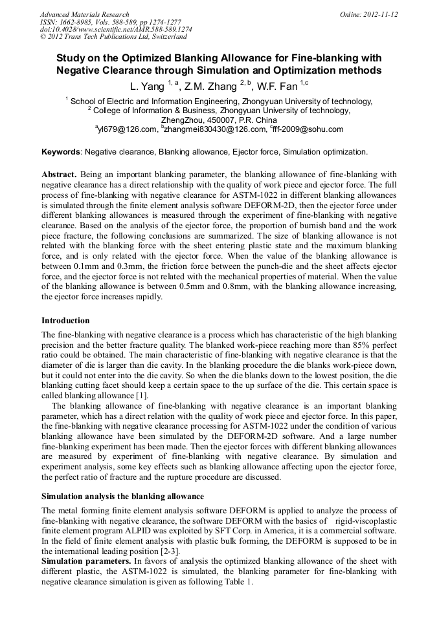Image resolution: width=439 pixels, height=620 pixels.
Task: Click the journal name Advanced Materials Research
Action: point(84,14)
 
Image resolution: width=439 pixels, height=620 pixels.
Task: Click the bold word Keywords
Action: point(61,152)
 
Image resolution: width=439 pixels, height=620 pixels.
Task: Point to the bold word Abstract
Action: point(59,175)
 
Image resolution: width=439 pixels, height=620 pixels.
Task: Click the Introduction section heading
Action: point(65,321)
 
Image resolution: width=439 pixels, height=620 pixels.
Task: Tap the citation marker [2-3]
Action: point(170,551)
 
